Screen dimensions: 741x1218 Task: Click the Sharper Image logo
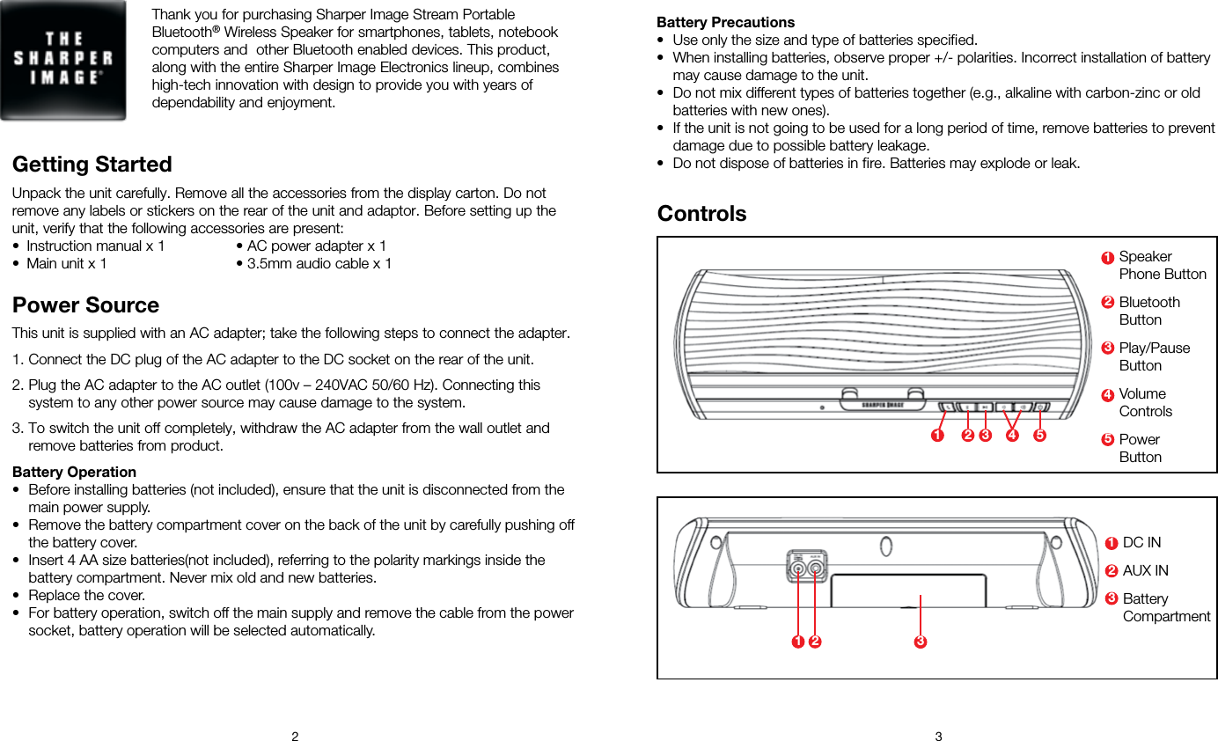pyautogui.click(x=62, y=60)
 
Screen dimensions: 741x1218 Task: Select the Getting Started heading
pyautogui.click(x=92, y=165)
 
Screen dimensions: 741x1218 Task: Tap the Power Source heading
pyautogui.click(x=85, y=305)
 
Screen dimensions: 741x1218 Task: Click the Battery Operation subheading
pyautogui.click(x=74, y=472)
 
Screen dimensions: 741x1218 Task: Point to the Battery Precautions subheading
pyautogui.click(x=725, y=22)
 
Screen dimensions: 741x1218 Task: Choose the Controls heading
pyautogui.click(x=701, y=214)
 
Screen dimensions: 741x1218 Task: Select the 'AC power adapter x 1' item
pyautogui.click(x=316, y=246)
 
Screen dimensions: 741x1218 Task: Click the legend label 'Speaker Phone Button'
pyautogui.click(x=1162, y=265)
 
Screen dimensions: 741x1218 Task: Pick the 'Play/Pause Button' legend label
pyautogui.click(x=1154, y=356)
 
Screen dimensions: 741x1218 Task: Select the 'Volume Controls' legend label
pyautogui.click(x=1145, y=402)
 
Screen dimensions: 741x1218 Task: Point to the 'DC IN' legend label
pyautogui.click(x=1141, y=542)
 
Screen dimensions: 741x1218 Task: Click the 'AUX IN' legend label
pyautogui.click(x=1145, y=570)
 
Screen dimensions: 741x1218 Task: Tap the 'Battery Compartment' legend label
pyautogui.click(x=1165, y=607)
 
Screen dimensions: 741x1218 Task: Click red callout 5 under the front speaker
pyautogui.click(x=1039, y=435)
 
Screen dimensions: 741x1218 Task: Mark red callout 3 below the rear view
pyautogui.click(x=920, y=642)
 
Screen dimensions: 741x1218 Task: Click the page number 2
pyautogui.click(x=295, y=736)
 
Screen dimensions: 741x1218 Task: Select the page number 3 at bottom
pyautogui.click(x=938, y=736)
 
